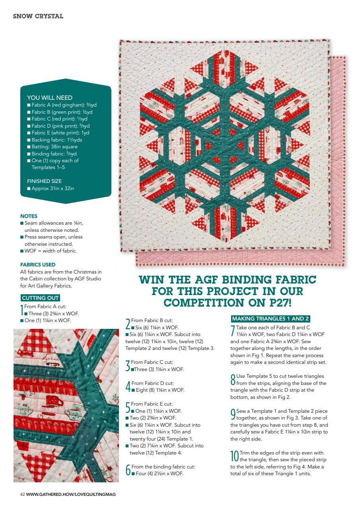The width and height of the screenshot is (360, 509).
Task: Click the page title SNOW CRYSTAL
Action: pos(38,16)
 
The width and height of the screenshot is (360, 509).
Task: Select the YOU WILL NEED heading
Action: pos(50,98)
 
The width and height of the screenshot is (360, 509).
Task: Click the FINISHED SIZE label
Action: pos(44,181)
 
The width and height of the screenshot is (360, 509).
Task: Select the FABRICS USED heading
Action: pos(38,264)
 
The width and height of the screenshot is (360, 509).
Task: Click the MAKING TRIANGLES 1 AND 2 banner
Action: pos(270,319)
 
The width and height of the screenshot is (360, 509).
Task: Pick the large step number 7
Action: pos(233,330)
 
